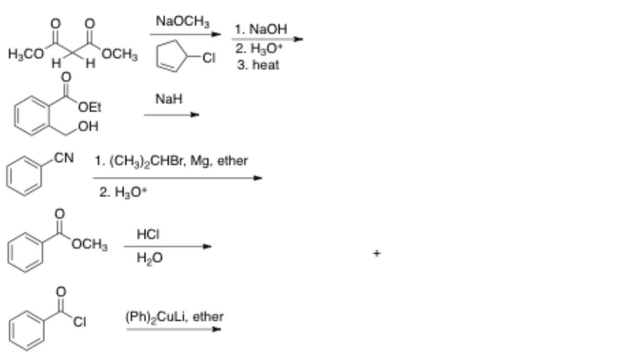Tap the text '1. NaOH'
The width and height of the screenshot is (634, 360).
(261, 29)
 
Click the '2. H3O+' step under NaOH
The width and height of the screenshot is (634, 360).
(257, 50)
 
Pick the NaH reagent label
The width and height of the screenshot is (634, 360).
(169, 99)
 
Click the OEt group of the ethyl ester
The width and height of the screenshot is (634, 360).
(90, 108)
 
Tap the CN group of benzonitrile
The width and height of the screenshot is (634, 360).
(65, 157)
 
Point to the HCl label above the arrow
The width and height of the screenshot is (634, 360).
(148, 235)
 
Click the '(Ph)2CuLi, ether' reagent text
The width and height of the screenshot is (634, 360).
(174, 317)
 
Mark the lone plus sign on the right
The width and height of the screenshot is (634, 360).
(377, 254)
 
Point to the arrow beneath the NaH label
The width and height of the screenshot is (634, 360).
(171, 115)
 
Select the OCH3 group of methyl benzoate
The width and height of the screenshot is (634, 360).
(91, 244)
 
